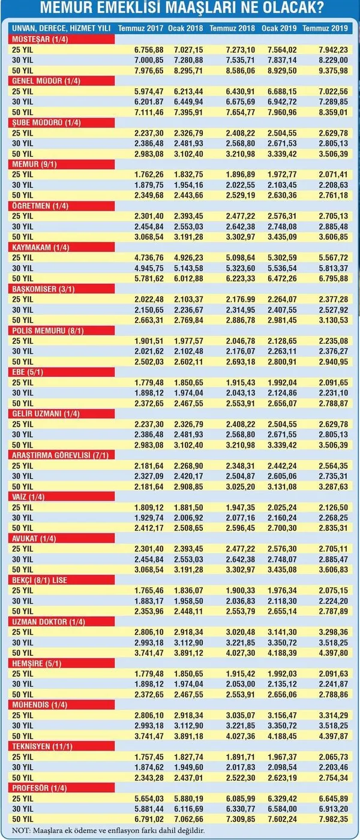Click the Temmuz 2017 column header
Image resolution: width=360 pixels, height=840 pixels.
pos(140,28)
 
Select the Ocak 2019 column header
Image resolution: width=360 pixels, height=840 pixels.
pos(279,28)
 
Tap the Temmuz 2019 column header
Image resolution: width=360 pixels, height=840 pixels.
pos(325,28)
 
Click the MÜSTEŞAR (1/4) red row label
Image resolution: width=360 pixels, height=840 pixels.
pos(40,40)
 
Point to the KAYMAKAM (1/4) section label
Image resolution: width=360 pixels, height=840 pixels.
pos(41,247)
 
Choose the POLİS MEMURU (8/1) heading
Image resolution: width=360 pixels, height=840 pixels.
pos(47,331)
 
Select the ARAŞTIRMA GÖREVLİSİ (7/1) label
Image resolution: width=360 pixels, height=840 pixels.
pos(60,455)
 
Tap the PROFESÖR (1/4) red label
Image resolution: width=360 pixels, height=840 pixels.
pos(40,788)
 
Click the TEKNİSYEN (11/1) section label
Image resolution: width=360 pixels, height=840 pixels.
pos(42,746)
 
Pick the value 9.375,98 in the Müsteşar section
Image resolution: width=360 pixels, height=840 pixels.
pos(334,71)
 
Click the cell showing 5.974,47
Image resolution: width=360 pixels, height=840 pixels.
pos(149,91)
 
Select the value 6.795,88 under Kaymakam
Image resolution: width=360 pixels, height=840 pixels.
pos(334,278)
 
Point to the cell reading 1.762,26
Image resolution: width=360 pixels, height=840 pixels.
pos(149,175)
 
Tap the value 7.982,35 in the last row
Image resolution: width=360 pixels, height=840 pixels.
pos(334,819)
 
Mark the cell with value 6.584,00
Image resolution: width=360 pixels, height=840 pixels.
pos(282,809)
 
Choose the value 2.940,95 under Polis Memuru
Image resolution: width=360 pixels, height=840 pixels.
pos(334,362)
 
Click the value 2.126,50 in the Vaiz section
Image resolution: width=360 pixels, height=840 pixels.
pos(334,508)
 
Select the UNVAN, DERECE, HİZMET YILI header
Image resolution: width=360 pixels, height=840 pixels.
pos(61,28)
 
